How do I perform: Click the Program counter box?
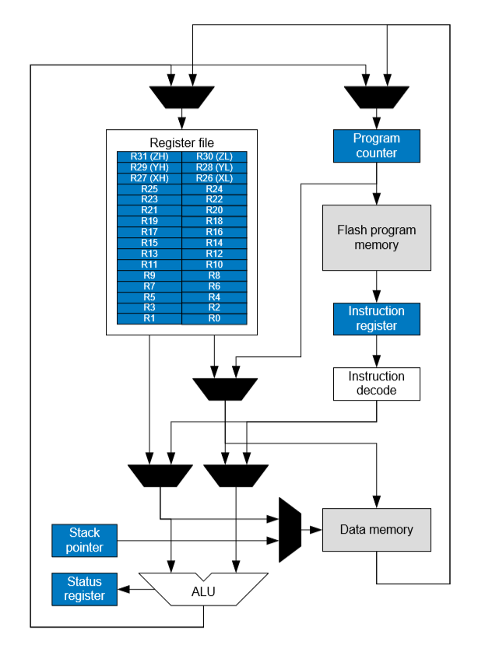point(377,145)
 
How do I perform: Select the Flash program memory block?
point(377,237)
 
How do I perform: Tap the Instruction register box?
point(377,319)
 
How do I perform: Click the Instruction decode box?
point(377,384)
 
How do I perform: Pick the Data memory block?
point(377,530)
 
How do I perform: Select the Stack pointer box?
point(85,540)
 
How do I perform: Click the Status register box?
point(85,589)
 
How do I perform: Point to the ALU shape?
point(203,591)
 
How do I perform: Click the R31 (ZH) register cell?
point(149,156)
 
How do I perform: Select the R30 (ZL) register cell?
point(214,156)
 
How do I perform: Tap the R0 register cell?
point(214,318)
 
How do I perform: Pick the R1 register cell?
point(149,318)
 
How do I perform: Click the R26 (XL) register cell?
point(214,178)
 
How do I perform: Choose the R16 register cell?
point(214,232)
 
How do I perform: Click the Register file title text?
point(181,142)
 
